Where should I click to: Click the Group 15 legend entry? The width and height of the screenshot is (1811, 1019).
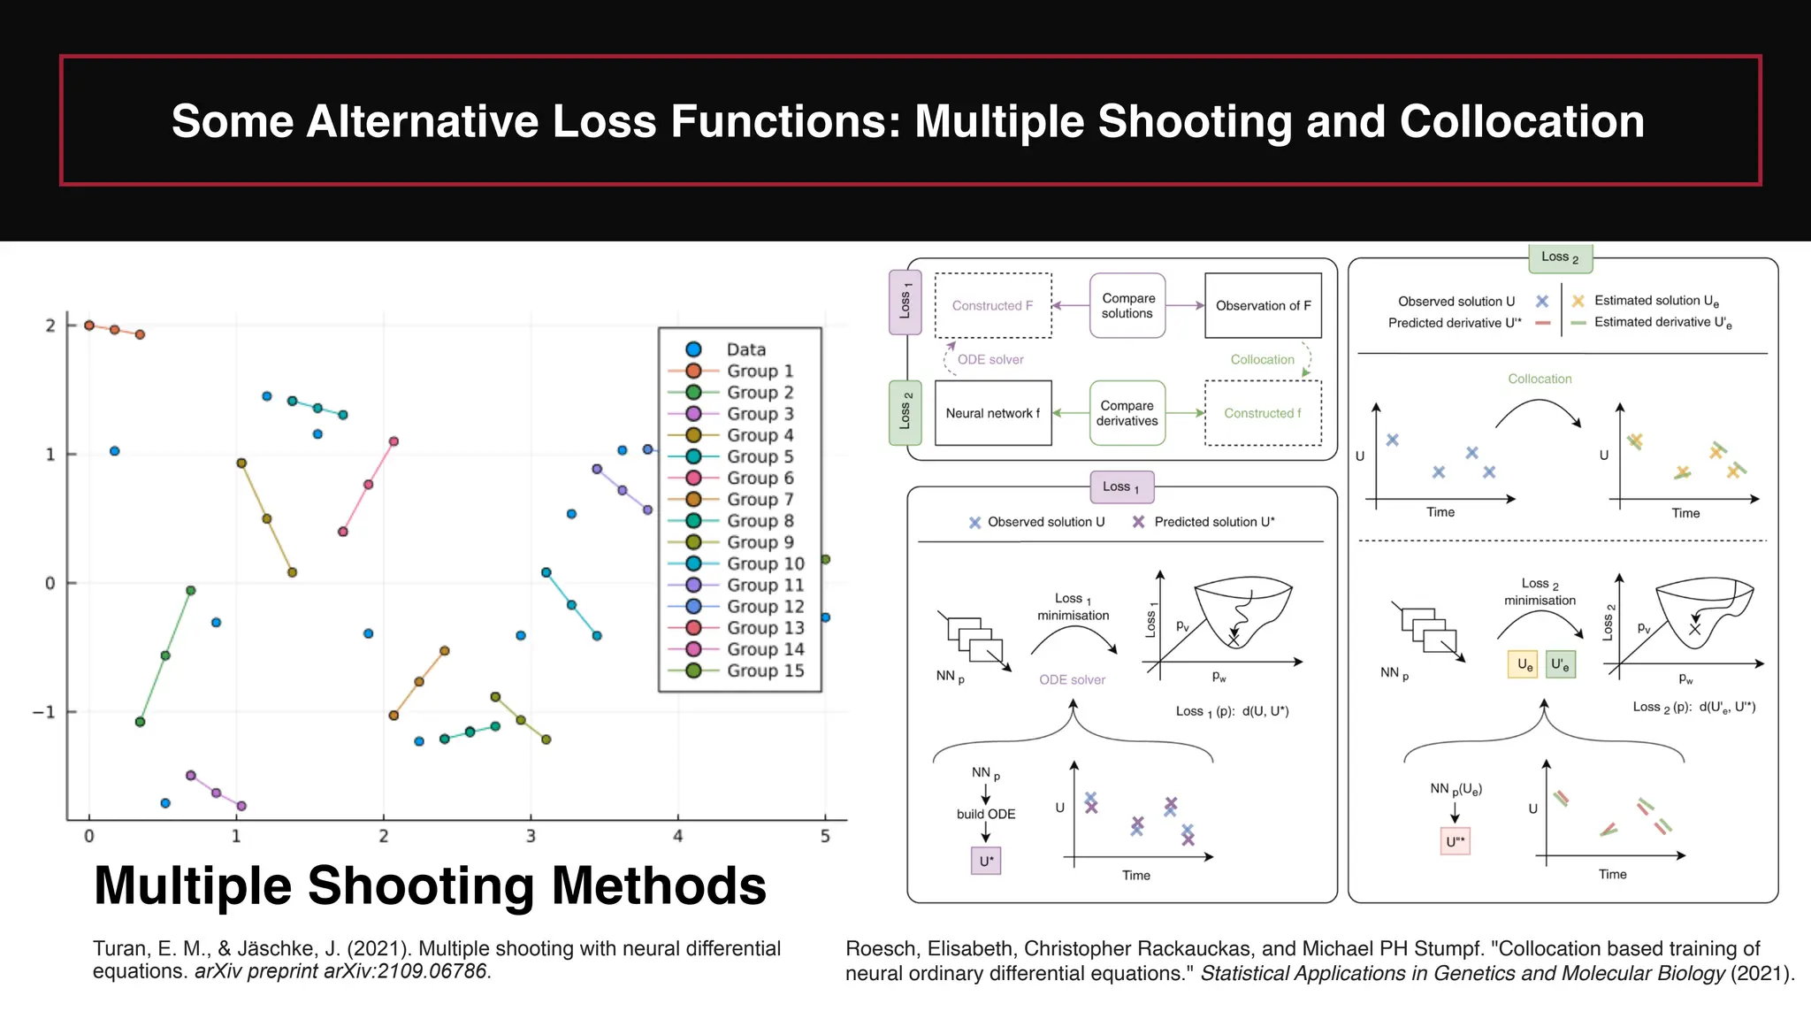point(764,670)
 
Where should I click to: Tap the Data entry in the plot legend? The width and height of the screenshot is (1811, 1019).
point(745,349)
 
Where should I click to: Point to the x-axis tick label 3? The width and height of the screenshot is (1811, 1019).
point(531,836)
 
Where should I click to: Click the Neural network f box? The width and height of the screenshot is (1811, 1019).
point(992,413)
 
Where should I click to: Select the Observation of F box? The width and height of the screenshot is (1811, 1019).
point(1263,306)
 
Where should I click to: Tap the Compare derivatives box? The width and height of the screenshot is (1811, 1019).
point(1127,413)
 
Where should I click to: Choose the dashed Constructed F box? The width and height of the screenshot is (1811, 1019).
point(992,306)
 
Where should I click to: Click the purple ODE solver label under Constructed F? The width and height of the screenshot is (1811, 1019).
point(990,360)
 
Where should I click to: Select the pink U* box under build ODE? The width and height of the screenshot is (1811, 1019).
point(986,861)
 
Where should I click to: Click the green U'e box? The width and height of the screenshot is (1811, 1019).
point(1560,664)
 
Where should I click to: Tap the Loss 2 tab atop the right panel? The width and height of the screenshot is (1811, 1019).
point(1560,257)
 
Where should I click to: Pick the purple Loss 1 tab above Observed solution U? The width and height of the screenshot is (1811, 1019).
point(1120,487)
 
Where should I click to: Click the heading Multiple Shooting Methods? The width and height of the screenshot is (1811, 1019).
point(430,885)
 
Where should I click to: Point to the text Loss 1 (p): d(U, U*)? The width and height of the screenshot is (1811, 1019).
point(1232,711)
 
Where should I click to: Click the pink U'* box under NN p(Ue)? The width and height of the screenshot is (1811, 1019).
point(1455,841)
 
